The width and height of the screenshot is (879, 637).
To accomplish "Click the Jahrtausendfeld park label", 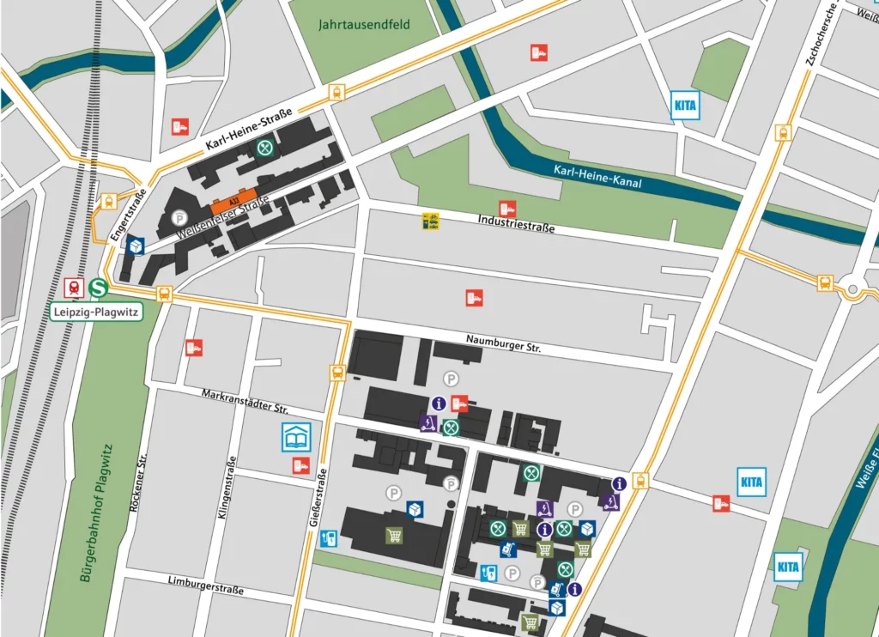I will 365,24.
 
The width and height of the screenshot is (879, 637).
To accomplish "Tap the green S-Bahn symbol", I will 100,287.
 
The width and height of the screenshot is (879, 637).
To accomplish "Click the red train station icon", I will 75,287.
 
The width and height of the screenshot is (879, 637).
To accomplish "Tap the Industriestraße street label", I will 516,225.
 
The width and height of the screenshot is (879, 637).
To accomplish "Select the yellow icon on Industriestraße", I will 430,221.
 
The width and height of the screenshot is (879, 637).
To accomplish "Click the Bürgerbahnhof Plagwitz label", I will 96,513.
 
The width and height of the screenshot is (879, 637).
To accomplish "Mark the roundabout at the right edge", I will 852,290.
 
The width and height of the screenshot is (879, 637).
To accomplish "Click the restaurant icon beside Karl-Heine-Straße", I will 266,148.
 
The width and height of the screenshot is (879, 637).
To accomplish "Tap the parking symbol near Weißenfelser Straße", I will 179,217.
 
